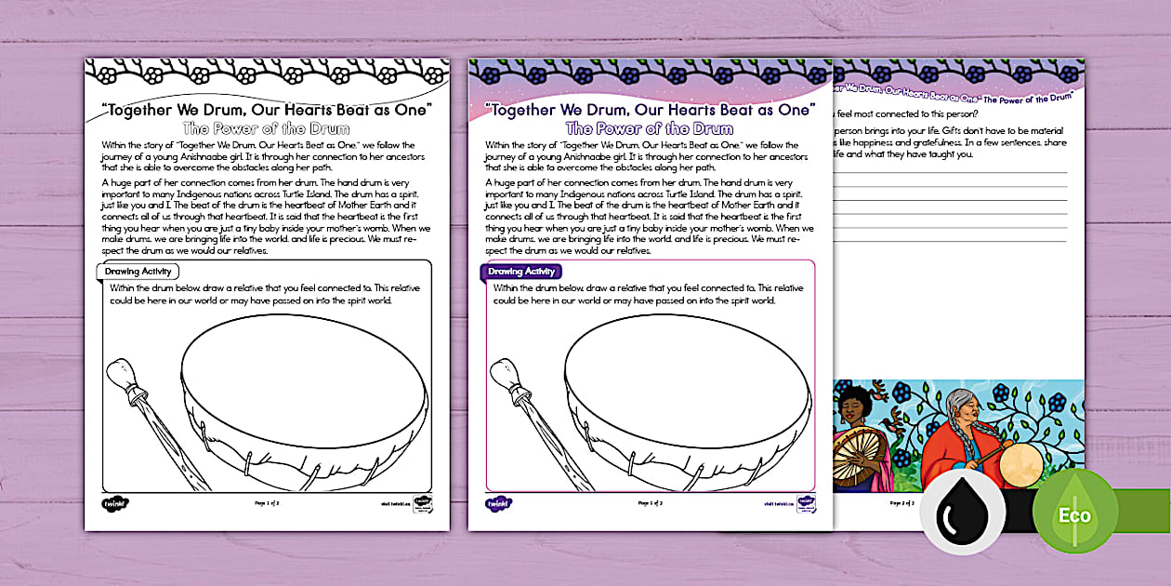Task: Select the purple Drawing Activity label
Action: coord(521,272)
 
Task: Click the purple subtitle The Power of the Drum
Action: coord(650,129)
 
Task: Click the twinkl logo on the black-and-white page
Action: coord(114,503)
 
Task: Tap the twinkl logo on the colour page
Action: coord(497,503)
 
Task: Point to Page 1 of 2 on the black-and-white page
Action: coord(267,503)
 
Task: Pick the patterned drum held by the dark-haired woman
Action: coord(857,458)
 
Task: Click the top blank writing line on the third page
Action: coord(948,173)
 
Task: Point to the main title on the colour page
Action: coord(650,109)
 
